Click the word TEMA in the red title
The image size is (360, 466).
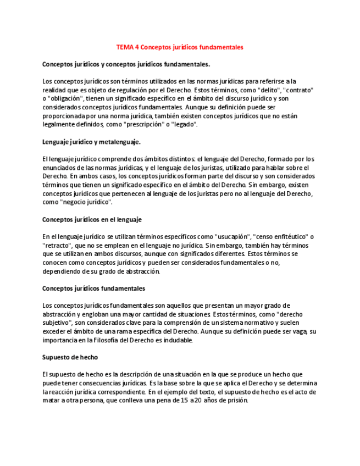(125, 47)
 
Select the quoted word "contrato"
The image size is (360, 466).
(297, 90)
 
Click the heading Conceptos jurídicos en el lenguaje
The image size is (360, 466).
(92, 219)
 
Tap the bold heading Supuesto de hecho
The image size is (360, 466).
(70, 357)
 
